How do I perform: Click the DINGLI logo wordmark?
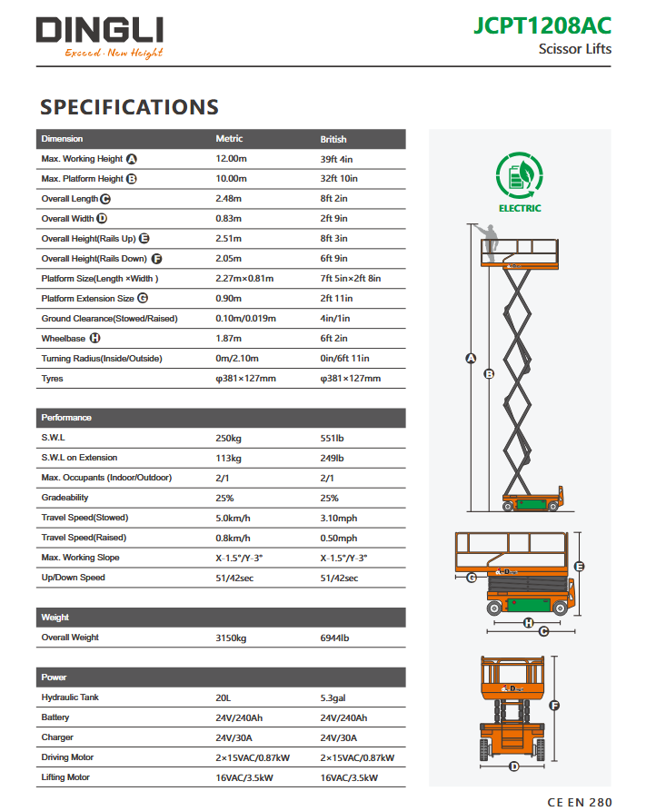click(x=100, y=31)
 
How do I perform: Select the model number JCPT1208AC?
click(x=542, y=25)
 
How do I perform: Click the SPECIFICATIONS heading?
click(x=129, y=107)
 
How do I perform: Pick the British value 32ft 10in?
click(x=339, y=179)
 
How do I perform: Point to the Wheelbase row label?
click(x=64, y=339)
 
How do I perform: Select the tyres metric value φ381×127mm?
click(x=245, y=379)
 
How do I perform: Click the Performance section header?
click(x=66, y=418)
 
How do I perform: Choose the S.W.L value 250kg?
click(x=228, y=438)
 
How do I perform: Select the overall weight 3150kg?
click(x=232, y=638)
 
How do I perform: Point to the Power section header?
click(x=55, y=677)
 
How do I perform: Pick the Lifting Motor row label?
click(x=66, y=777)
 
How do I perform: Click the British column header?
click(x=333, y=140)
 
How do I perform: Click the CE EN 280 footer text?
click(x=580, y=802)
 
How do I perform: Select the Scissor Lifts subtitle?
click(x=575, y=49)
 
